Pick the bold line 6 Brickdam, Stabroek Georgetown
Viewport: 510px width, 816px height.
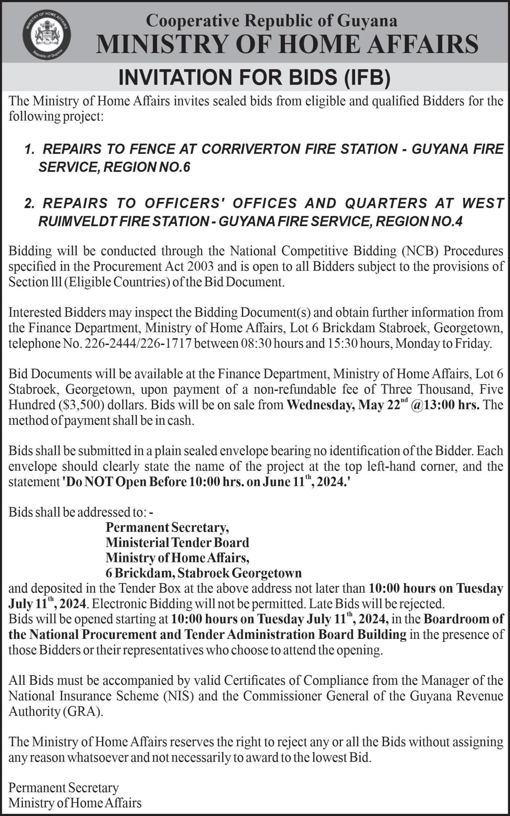pos(203,573)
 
